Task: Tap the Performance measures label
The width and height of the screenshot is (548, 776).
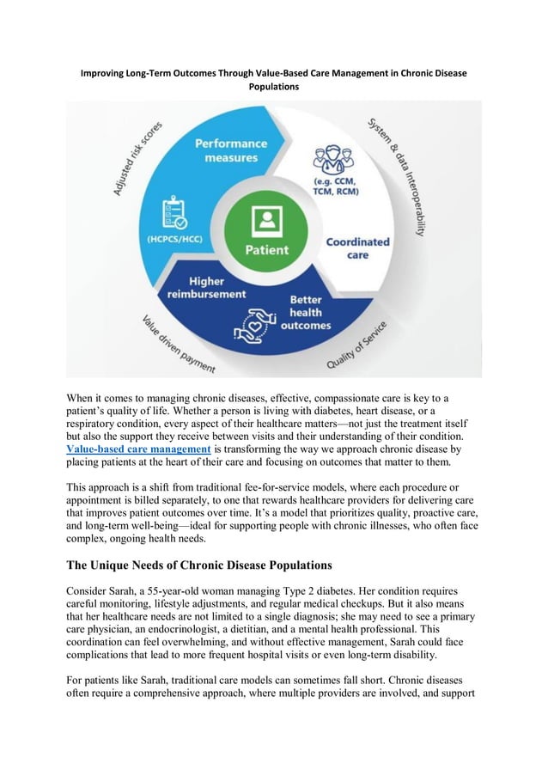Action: click(x=230, y=150)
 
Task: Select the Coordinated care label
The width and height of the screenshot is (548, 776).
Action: click(x=357, y=248)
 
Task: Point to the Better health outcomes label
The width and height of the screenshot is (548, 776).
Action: click(x=306, y=313)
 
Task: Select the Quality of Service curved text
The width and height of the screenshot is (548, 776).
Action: click(x=356, y=346)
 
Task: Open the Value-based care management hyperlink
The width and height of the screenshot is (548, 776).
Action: click(x=138, y=449)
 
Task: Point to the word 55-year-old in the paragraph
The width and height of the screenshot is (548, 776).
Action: click(x=188, y=592)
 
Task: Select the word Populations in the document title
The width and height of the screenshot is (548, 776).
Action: click(x=273, y=87)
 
